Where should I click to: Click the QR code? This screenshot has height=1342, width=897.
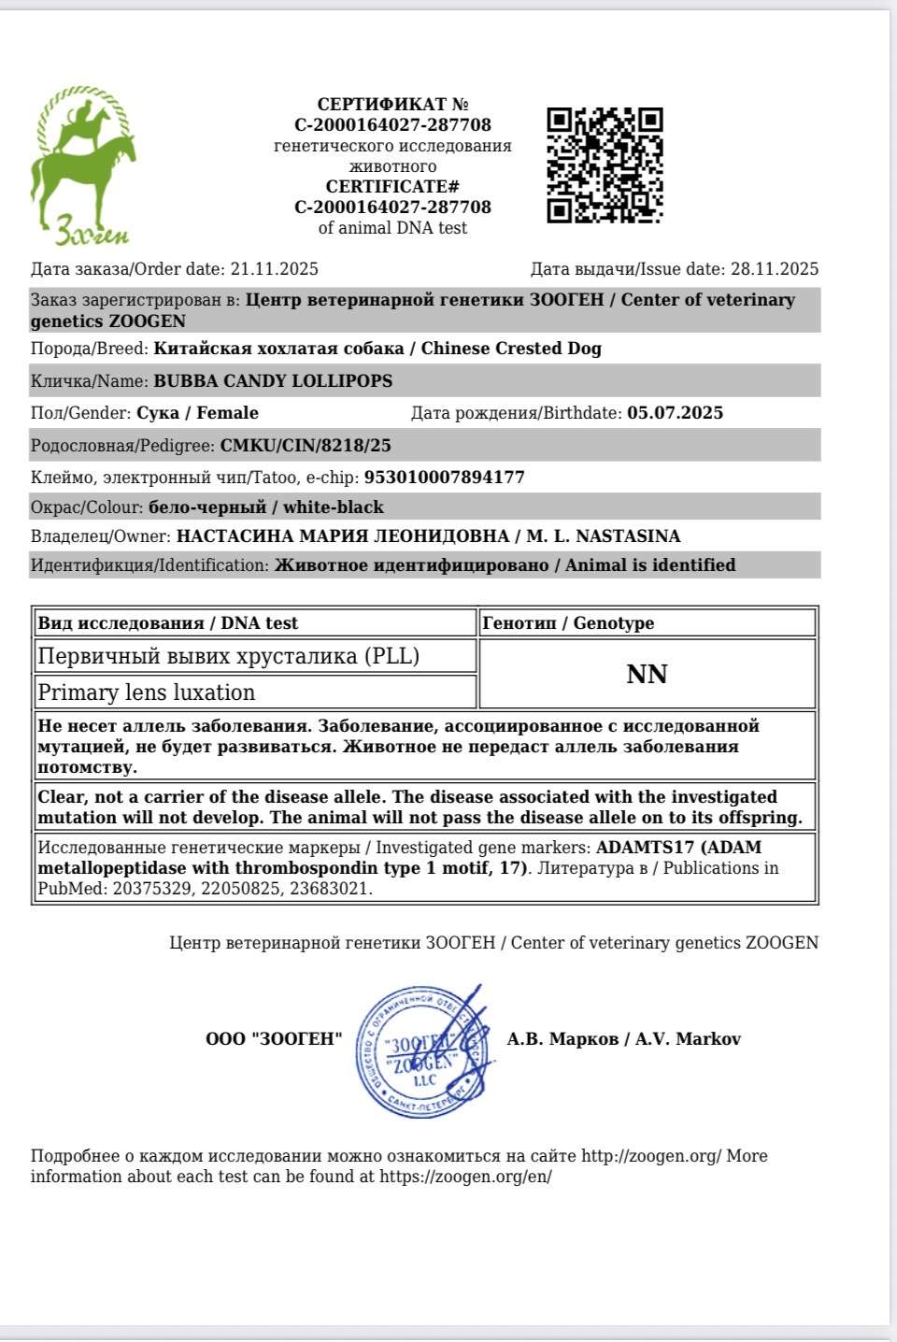click(605, 165)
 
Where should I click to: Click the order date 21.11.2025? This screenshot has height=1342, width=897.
click(275, 269)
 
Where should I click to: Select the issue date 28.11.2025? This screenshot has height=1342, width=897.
click(775, 269)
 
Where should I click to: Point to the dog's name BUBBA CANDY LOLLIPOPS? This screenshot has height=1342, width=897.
click(273, 381)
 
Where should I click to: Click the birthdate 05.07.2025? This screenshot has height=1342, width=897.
click(675, 413)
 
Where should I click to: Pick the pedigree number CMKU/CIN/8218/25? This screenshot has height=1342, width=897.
click(306, 446)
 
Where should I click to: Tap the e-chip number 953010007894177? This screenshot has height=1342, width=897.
click(444, 478)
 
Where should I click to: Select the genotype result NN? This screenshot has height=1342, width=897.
click(647, 675)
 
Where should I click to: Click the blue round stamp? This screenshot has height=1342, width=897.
click(422, 1052)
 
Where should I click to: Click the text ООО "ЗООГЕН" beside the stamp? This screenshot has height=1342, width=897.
click(274, 1039)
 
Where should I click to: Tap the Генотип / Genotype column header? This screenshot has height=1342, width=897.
click(567, 623)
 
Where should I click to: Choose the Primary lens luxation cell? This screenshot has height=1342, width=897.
click(147, 692)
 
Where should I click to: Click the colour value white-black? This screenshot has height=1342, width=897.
click(334, 507)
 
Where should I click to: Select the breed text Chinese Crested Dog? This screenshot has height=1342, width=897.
click(511, 349)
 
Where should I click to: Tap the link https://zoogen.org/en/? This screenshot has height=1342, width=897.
click(465, 1177)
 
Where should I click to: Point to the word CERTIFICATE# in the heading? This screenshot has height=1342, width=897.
click(392, 187)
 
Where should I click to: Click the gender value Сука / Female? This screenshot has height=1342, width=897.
click(197, 413)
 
